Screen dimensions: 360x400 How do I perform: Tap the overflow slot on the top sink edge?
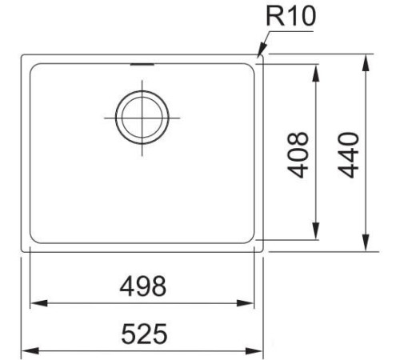pyautogui.click(x=142, y=63)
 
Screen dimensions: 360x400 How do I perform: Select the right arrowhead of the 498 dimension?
pyautogui.click(x=251, y=303)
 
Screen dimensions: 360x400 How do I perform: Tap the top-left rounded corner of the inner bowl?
pyautogui.click(x=34, y=66)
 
